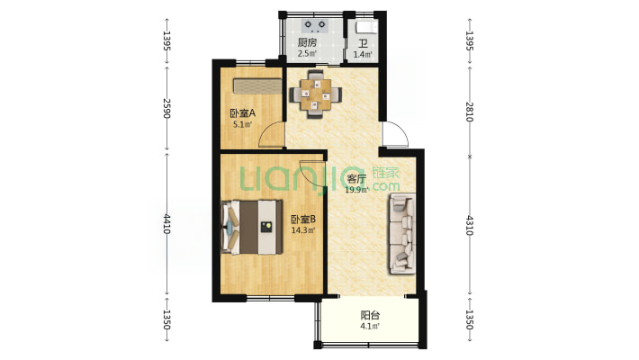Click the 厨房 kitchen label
click(x=307, y=42)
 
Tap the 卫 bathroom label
click(x=363, y=43)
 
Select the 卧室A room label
click(x=242, y=112)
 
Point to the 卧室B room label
click(x=303, y=220)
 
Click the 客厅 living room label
click(x=356, y=178)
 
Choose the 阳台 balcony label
click(x=371, y=315)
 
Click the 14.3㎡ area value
click(x=303, y=230)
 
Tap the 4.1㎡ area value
click(x=370, y=326)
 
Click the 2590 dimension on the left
click(x=166, y=108)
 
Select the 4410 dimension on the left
click(x=166, y=223)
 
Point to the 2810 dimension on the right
click(x=470, y=112)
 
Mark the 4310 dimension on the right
click(x=470, y=225)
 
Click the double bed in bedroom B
click(x=252, y=227)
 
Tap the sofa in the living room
click(x=402, y=234)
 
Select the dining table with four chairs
click(x=316, y=94)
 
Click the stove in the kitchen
click(x=315, y=26)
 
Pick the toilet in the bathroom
click(x=366, y=27)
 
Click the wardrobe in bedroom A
click(x=257, y=86)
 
